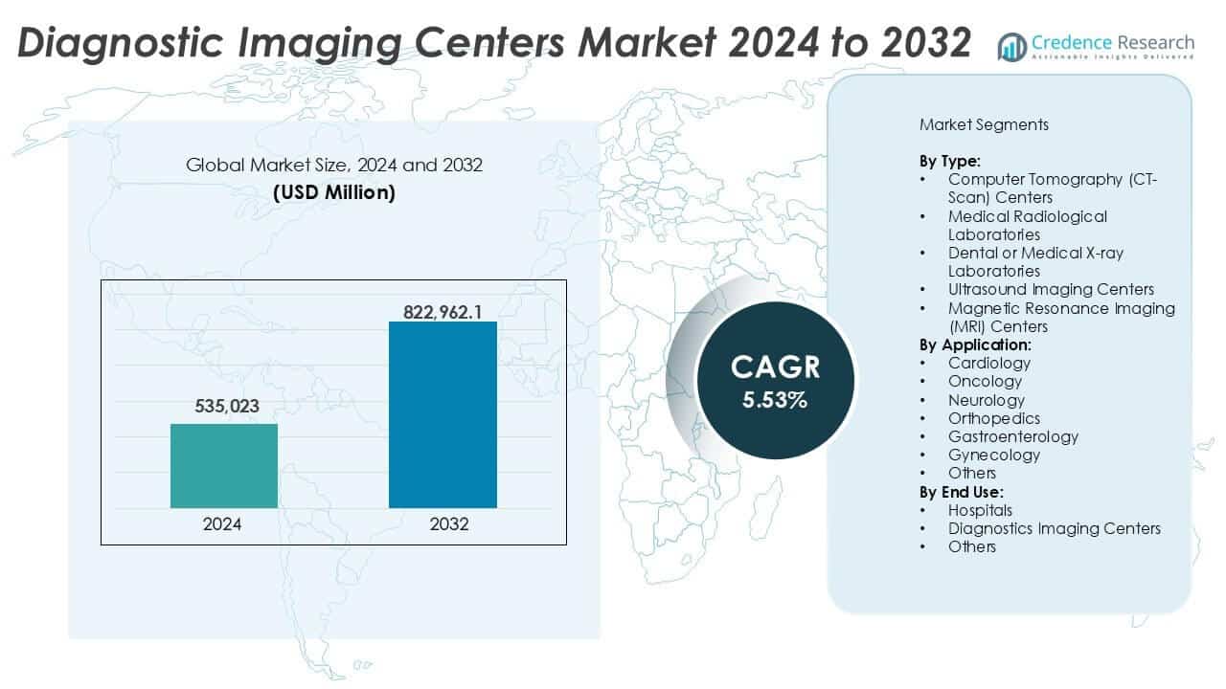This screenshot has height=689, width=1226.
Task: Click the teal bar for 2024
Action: [x=224, y=466]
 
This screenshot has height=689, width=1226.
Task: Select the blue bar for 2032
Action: [x=443, y=414]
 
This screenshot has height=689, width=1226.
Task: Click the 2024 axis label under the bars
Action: [x=222, y=524]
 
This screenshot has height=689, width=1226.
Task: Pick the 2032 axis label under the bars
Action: [x=443, y=524]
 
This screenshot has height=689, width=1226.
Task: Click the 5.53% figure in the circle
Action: [x=774, y=401]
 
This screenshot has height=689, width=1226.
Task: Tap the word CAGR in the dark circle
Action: [x=775, y=367]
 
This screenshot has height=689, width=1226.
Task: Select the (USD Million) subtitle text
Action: [x=333, y=192]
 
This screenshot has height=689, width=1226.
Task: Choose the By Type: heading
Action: [x=949, y=161]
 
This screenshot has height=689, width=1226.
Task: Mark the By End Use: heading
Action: [x=962, y=492]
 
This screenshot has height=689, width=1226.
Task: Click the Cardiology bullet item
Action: [x=988, y=363]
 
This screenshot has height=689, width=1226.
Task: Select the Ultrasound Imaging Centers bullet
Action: [x=1050, y=289]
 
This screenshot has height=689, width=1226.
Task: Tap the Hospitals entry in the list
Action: [x=980, y=510]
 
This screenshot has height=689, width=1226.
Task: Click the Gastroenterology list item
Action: [x=1012, y=436]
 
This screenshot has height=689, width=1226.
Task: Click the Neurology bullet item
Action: [x=986, y=400]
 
